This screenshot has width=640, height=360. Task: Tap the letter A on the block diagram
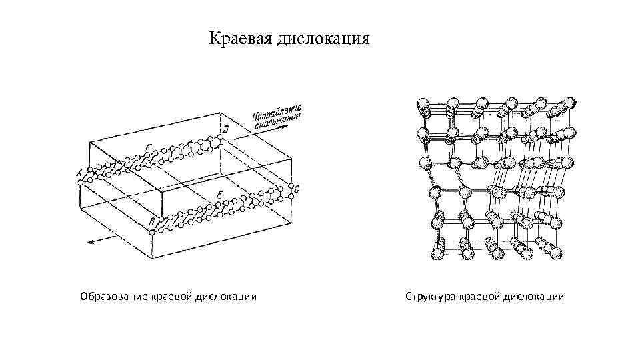[x=80, y=172]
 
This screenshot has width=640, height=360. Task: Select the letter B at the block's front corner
[x=153, y=221]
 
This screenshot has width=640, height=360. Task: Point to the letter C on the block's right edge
[x=297, y=189]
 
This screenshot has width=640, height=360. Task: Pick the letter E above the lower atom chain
[x=219, y=194]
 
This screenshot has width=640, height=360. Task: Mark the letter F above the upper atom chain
[x=148, y=146]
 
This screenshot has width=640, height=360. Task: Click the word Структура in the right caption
[x=430, y=295]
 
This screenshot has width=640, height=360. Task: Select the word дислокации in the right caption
[x=533, y=295]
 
